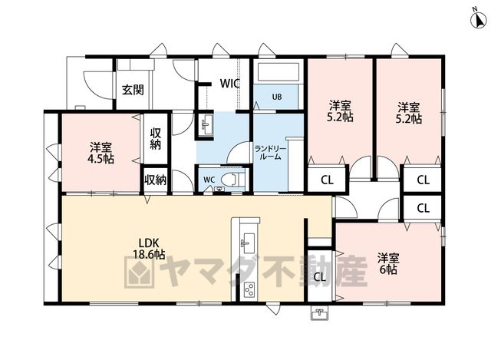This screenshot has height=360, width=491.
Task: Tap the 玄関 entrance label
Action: [133, 91]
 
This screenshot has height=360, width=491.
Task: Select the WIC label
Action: [230, 84]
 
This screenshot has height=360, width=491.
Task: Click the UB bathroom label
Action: [276, 97]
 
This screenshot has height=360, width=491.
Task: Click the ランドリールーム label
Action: [270, 153]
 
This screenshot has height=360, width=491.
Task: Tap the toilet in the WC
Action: [232, 180]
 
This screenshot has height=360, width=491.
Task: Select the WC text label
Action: [209, 180]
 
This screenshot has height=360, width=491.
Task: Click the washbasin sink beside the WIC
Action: [206, 124]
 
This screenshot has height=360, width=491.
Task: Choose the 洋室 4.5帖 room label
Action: [101, 153]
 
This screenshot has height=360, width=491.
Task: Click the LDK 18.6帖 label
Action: [150, 249]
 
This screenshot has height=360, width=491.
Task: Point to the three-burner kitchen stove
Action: [249, 290]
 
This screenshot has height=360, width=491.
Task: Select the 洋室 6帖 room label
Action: [388, 264]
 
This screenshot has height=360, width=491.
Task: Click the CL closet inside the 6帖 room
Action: [319, 277]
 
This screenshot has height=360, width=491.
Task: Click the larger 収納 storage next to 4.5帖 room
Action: [155, 138]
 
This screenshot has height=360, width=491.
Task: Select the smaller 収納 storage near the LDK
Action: [155, 180]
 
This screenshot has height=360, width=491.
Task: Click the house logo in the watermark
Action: [140, 272]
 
